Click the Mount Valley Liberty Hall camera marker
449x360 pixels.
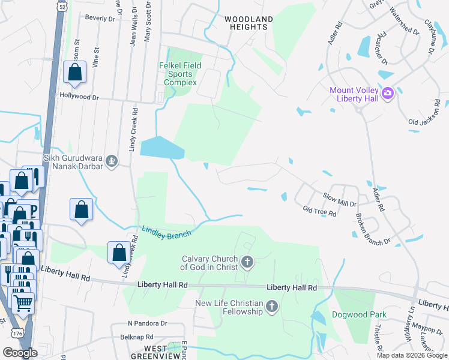[x=388, y=93]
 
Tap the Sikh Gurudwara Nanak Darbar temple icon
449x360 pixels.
[x=111, y=160]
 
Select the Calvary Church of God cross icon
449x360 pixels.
[x=247, y=262]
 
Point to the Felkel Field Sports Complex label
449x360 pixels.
[x=180, y=74]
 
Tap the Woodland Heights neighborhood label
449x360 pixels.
[x=249, y=23]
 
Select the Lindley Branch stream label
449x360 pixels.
[x=166, y=232]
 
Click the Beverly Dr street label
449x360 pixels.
[x=100, y=19]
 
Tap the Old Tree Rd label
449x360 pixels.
[x=319, y=211]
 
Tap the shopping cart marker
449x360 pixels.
[x=23, y=304]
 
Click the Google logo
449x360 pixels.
[x=20, y=353]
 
